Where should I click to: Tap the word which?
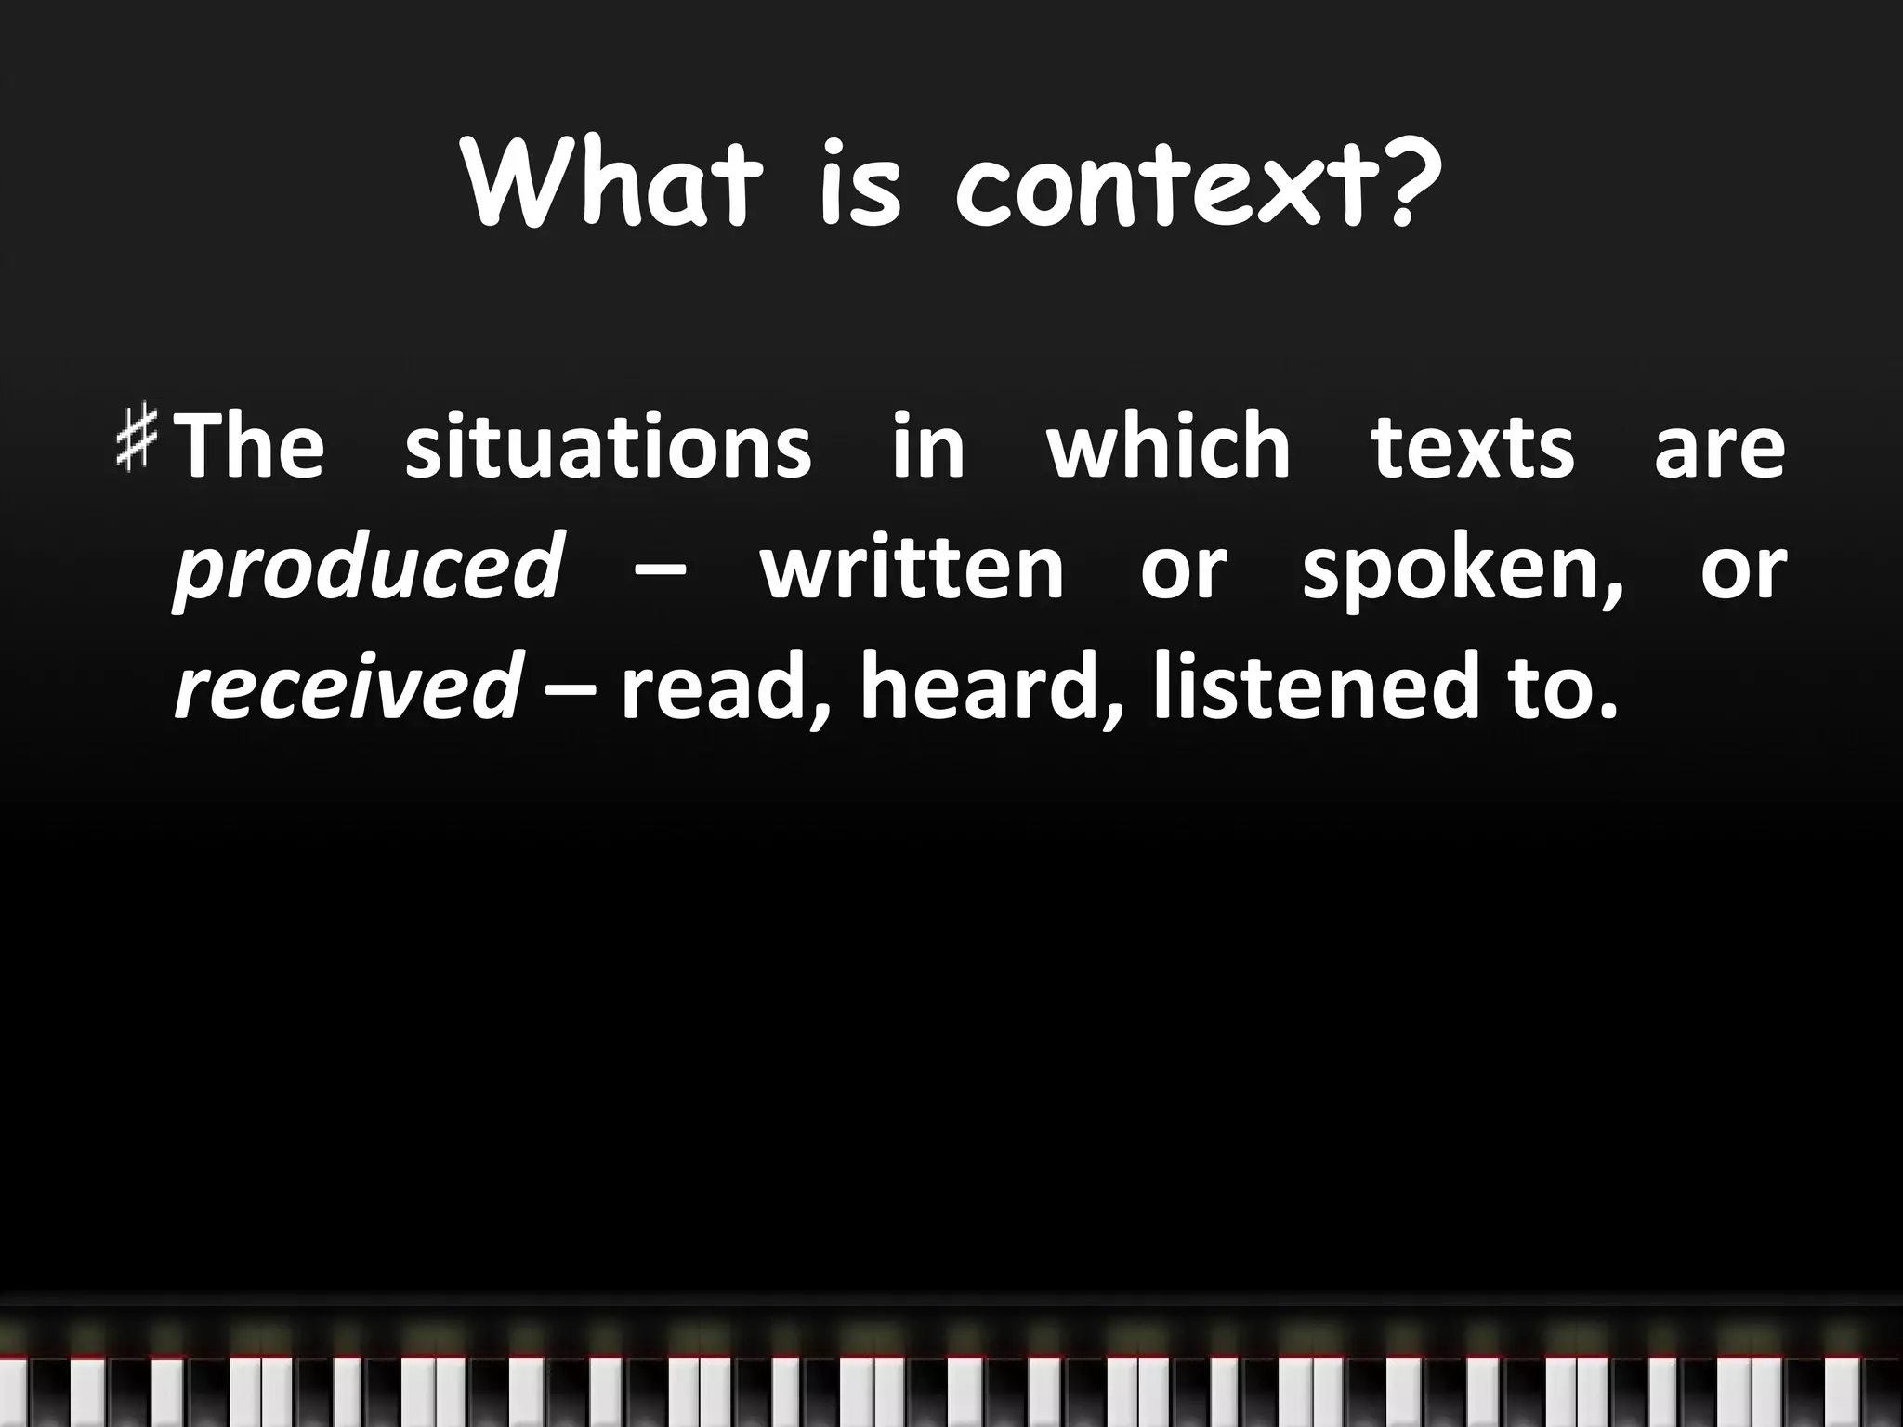(1169, 446)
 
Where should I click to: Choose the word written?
(912, 567)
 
